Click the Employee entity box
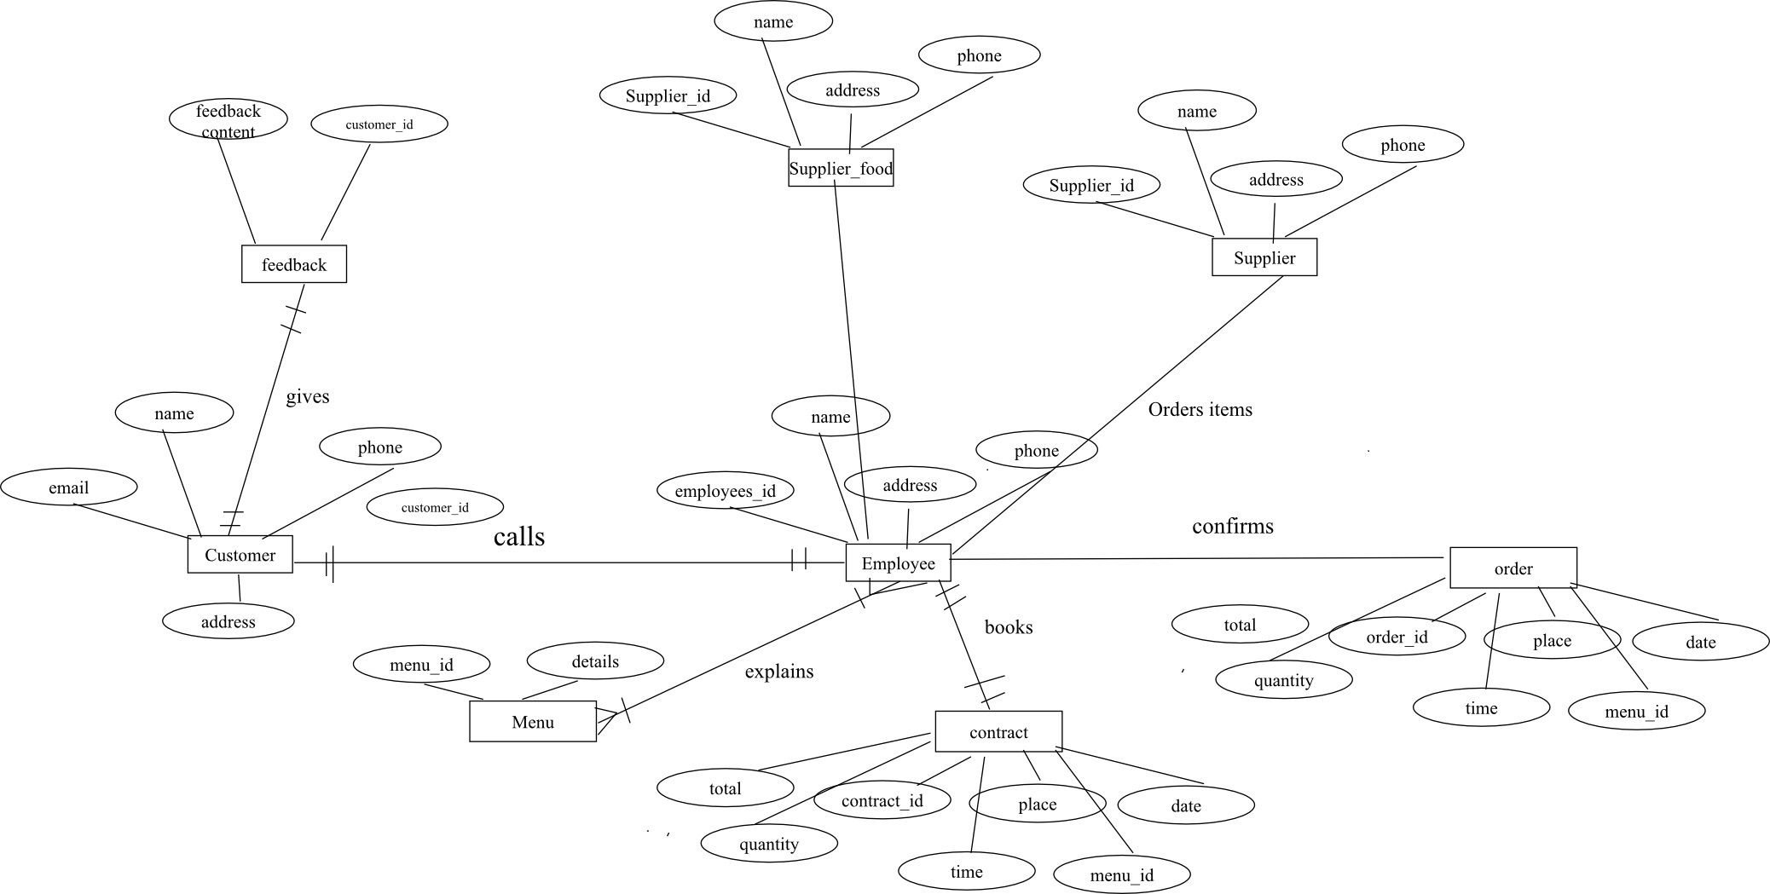coord(898,563)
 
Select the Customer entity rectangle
coord(240,555)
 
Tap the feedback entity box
coord(294,264)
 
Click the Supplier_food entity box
coord(841,168)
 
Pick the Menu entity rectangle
coord(533,722)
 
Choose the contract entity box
coord(998,732)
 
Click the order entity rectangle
coord(1513,568)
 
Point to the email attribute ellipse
coord(68,487)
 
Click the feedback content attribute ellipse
coord(228,120)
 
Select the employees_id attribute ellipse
coord(726,491)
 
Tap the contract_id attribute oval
coord(882,800)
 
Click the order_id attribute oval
coord(1397,637)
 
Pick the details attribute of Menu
coord(595,661)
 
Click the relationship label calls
coord(519,536)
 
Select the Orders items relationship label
coord(1200,409)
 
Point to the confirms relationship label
coord(1233,526)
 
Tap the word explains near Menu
coord(779,672)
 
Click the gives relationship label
coord(308,396)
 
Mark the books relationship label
coord(1009,627)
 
